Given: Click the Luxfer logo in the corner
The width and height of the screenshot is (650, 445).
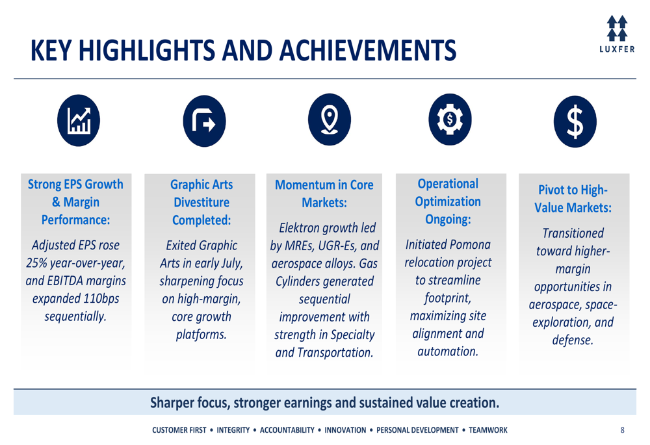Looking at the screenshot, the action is (x=617, y=34).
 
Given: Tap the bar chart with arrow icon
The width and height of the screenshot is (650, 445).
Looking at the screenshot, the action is (x=79, y=120).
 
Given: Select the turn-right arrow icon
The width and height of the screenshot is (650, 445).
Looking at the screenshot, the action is (x=204, y=121).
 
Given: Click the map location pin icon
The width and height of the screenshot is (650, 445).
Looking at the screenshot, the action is (x=330, y=120).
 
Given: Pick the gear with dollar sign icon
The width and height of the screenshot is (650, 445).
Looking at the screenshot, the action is (x=450, y=120).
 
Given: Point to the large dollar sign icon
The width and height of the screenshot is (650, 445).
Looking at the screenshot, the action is (x=575, y=121).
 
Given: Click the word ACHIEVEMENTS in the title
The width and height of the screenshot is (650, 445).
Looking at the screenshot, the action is (x=368, y=51).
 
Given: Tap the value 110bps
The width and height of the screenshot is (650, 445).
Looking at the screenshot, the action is (x=101, y=298).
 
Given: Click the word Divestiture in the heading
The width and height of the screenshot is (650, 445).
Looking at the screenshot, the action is (x=201, y=202).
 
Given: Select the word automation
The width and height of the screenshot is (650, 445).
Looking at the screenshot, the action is (x=448, y=351).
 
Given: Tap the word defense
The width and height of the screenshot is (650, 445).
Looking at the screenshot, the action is (x=573, y=340).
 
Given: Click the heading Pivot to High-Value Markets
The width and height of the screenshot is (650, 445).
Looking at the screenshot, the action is (x=573, y=199).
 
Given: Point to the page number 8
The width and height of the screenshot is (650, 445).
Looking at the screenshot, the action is (x=622, y=430).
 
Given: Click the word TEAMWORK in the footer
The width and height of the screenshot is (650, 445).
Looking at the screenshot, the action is (x=488, y=430).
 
